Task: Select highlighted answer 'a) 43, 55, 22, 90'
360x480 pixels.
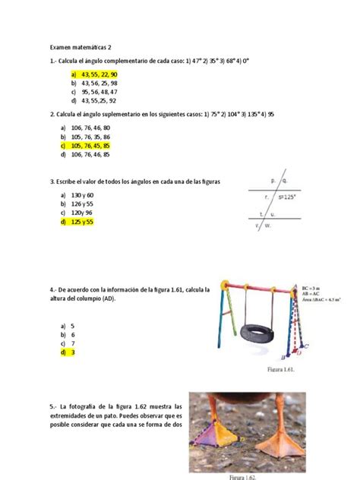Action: click(93, 75)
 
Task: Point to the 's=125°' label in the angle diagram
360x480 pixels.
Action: click(286, 196)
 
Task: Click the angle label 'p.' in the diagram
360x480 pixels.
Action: click(273, 182)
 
